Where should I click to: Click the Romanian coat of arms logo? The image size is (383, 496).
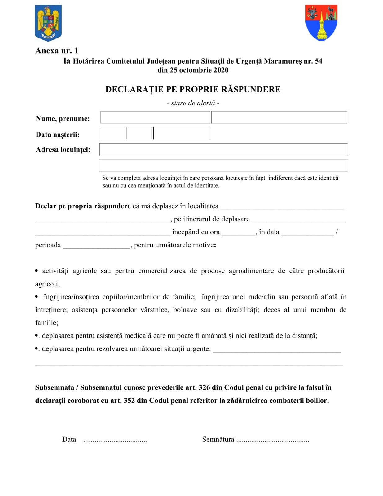(48, 23)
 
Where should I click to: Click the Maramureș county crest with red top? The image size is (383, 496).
(321, 22)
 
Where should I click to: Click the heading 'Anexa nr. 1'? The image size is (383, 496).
(57, 51)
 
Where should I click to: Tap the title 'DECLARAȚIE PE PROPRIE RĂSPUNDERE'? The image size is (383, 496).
(193, 89)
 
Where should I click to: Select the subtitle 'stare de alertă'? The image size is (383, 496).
(193, 103)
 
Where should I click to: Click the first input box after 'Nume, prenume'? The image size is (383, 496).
(155, 117)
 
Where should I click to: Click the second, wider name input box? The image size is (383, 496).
(279, 117)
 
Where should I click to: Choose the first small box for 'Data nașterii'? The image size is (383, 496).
(112, 133)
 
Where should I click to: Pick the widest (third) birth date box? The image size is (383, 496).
(182, 133)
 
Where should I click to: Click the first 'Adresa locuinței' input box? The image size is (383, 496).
(223, 149)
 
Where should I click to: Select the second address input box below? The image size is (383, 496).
(223, 165)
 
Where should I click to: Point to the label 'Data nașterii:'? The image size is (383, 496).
(58, 135)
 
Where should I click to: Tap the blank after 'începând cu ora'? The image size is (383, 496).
(238, 233)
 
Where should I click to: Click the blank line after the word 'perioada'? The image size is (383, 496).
(96, 246)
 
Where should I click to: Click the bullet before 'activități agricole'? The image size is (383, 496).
(37, 271)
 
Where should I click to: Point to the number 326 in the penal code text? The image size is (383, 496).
(204, 387)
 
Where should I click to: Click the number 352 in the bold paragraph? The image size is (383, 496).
(129, 401)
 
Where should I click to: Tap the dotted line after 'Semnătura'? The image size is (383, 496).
(273, 440)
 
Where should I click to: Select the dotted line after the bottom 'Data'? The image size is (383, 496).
(115, 440)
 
